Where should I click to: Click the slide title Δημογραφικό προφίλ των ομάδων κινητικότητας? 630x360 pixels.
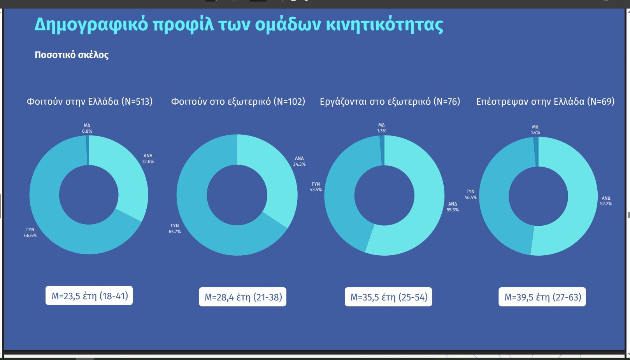(239, 25)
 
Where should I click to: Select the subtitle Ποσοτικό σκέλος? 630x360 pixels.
(72, 55)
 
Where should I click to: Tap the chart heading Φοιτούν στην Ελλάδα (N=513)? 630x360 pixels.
(89, 102)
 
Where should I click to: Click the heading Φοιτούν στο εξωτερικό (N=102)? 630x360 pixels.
(238, 102)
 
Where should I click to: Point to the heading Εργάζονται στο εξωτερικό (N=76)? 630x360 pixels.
(390, 102)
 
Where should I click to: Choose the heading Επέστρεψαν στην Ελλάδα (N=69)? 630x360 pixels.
(545, 102)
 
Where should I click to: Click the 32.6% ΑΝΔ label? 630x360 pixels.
(148, 159)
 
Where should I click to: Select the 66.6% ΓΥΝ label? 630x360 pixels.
(30, 233)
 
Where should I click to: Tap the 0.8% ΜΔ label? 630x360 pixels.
(87, 128)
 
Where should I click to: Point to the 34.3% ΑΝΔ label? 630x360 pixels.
(299, 162)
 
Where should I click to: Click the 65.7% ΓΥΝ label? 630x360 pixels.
(175, 229)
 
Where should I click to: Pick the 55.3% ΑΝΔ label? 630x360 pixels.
(453, 207)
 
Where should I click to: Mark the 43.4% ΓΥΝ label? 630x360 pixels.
(316, 187)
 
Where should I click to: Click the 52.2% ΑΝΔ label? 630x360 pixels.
(606, 201)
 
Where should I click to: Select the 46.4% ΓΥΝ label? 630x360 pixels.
(470, 195)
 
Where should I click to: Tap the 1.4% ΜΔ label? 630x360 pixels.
(535, 130)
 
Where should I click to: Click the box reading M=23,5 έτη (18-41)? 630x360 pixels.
(89, 296)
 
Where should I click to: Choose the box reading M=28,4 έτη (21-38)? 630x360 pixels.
(243, 297)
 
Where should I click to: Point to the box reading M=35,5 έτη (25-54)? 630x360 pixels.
(388, 297)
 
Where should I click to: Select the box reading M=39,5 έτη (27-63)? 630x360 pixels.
(542, 297)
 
